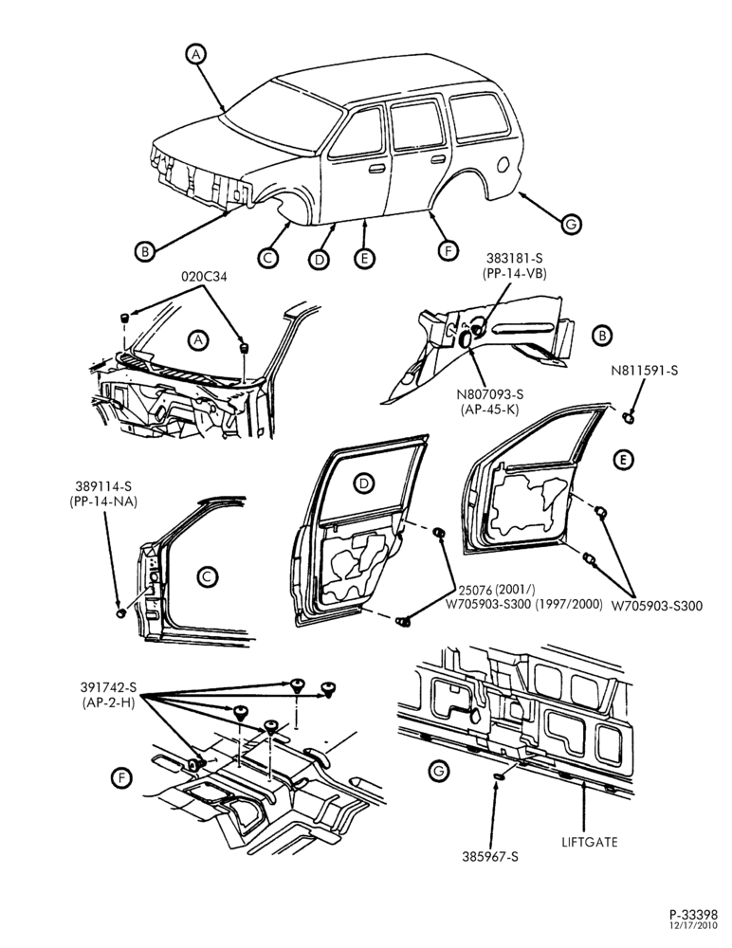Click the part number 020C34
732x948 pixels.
click(x=203, y=276)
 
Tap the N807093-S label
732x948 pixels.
click(x=490, y=394)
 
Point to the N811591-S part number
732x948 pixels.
click(x=644, y=370)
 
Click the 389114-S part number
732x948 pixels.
click(x=103, y=485)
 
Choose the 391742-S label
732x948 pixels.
click(x=109, y=687)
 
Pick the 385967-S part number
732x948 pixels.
click(x=490, y=857)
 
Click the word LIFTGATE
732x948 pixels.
click(x=589, y=842)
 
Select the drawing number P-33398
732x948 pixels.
click(x=693, y=914)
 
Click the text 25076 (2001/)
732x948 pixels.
click(x=497, y=590)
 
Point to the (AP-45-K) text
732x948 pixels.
click(x=490, y=409)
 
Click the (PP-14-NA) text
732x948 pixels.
click(x=103, y=501)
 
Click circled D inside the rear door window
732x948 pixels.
click(x=363, y=483)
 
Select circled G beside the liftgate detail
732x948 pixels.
click(x=439, y=771)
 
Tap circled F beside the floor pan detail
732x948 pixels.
click(x=121, y=778)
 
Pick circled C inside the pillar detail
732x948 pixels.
click(x=207, y=576)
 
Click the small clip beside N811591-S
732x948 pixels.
click(x=630, y=416)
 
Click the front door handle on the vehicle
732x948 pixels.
click(x=377, y=169)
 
